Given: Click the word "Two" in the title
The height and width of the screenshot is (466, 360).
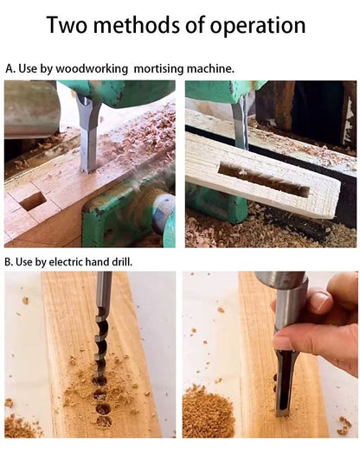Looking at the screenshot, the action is pyautogui.click(x=67, y=25).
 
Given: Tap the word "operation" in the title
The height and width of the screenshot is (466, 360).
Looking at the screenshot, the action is pyautogui.click(x=258, y=27).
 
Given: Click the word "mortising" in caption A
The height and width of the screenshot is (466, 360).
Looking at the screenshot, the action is pyautogui.click(x=158, y=69).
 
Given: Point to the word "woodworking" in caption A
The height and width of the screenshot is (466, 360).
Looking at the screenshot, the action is pyautogui.click(x=92, y=69).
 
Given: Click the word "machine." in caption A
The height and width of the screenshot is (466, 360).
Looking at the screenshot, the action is pyautogui.click(x=210, y=68).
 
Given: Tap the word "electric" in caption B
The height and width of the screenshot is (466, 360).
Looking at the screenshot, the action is pyautogui.click(x=66, y=262).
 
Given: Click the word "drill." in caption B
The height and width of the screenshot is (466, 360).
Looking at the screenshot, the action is pyautogui.click(x=122, y=262).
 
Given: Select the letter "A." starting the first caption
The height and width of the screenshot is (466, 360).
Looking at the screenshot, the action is pyautogui.click(x=10, y=68).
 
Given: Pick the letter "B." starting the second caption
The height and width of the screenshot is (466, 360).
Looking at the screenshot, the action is pyautogui.click(x=9, y=262).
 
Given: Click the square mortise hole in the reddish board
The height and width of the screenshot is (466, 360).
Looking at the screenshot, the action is pyautogui.click(x=33, y=201).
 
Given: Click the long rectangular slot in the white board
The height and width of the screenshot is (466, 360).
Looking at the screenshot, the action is pyautogui.click(x=263, y=180).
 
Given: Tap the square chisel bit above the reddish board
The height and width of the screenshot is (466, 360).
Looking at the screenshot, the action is pyautogui.click(x=88, y=134).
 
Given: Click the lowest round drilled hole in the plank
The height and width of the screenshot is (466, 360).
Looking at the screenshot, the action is pyautogui.click(x=104, y=421).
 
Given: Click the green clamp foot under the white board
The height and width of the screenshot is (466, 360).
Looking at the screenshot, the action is pyautogui.click(x=216, y=202).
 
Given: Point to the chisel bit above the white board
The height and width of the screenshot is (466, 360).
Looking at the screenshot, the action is pyautogui.click(x=241, y=124).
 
